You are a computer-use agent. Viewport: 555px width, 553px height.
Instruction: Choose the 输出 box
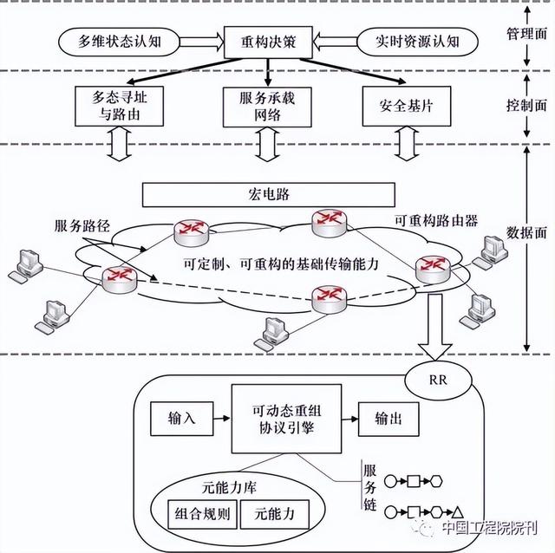click(x=388, y=418)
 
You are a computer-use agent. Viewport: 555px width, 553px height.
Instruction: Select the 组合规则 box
click(x=199, y=514)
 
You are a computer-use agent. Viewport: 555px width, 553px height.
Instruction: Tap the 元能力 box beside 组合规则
click(x=275, y=514)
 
